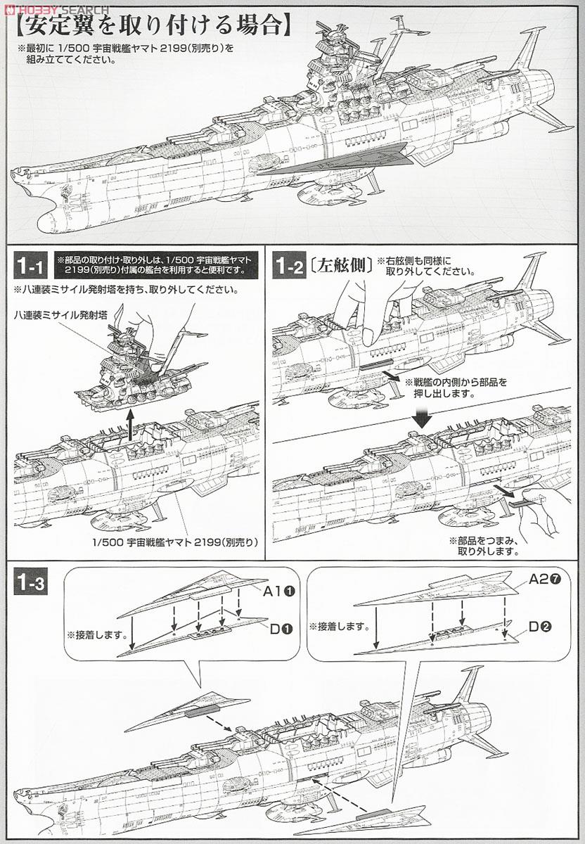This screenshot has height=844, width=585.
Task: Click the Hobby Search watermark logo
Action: tap(56, 9)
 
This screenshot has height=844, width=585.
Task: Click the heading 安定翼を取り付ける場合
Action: tap(151, 27)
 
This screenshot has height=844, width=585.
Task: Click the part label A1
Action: tap(272, 592)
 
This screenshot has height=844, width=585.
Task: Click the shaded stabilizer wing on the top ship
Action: tap(330, 160)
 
